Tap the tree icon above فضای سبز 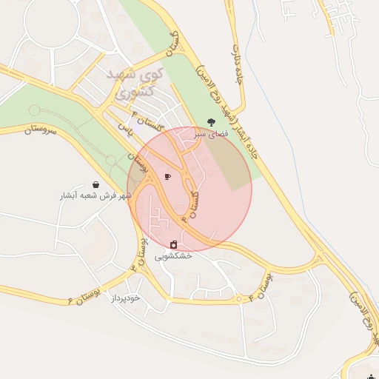coord(212,122)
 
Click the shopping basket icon coord(96,184)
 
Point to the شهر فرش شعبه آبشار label coord(95,196)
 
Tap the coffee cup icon coord(167,177)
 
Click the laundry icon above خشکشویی coord(174,244)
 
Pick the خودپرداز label coord(125,298)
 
